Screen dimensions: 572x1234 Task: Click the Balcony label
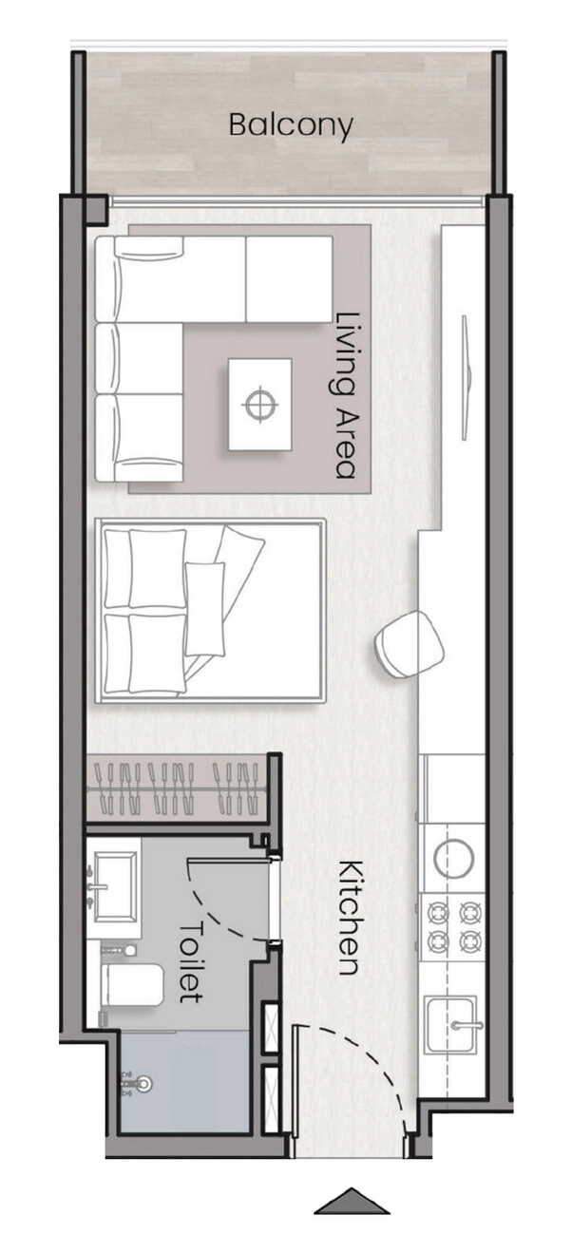pos(291,125)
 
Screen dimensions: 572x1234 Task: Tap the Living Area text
pos(347,395)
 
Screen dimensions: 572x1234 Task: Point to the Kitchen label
pos(350,918)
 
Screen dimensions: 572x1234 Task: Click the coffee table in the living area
pos(259,404)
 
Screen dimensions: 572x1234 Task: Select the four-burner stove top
pos(453,926)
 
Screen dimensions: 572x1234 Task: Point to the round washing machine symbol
pos(453,858)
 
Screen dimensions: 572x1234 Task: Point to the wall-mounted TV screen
pos(467,378)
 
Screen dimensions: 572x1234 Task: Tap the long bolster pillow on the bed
pos(205,609)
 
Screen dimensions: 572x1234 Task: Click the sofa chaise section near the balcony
pos(289,278)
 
